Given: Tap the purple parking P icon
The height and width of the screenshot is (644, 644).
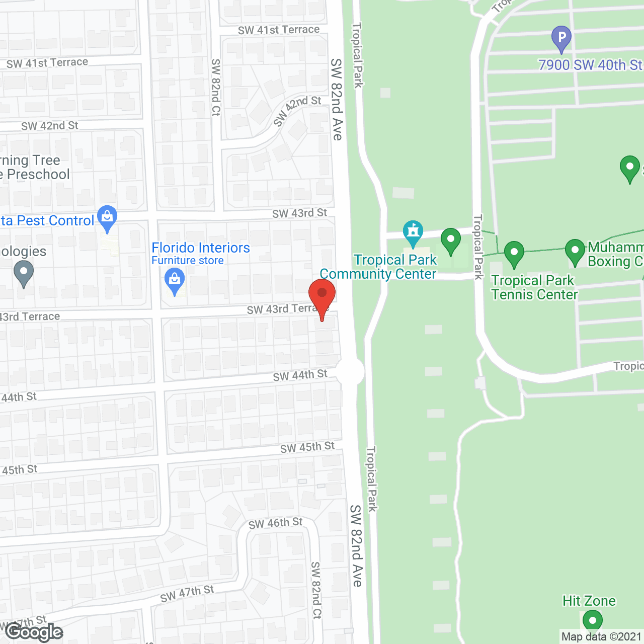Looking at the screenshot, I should (x=561, y=38).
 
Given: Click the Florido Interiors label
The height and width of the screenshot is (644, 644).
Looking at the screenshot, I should (x=200, y=248).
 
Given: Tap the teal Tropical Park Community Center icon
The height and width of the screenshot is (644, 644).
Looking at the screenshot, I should (x=413, y=232).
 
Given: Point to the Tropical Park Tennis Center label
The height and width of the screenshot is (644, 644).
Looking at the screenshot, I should (x=534, y=287).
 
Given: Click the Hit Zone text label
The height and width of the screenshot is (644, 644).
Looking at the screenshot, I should (x=589, y=601).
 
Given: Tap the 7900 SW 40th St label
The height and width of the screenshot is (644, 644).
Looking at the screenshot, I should (x=590, y=65).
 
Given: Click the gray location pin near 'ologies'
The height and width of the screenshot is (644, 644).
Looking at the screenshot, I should (x=24, y=274).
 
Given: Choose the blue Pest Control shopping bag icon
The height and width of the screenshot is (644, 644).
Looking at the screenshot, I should (x=107, y=218).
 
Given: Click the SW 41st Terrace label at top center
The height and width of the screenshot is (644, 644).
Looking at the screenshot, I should (x=279, y=30).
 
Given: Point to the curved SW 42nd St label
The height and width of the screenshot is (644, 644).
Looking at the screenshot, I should (x=296, y=110).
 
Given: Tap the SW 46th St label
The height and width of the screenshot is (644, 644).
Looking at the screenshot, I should (x=275, y=523).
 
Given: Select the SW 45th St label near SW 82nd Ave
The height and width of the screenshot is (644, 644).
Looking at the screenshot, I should (x=307, y=447).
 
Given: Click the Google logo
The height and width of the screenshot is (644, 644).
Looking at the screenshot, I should (x=34, y=632).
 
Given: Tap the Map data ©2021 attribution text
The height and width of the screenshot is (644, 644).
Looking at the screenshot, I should (x=601, y=636).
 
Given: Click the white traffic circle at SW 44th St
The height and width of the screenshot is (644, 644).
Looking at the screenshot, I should (x=350, y=372).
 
